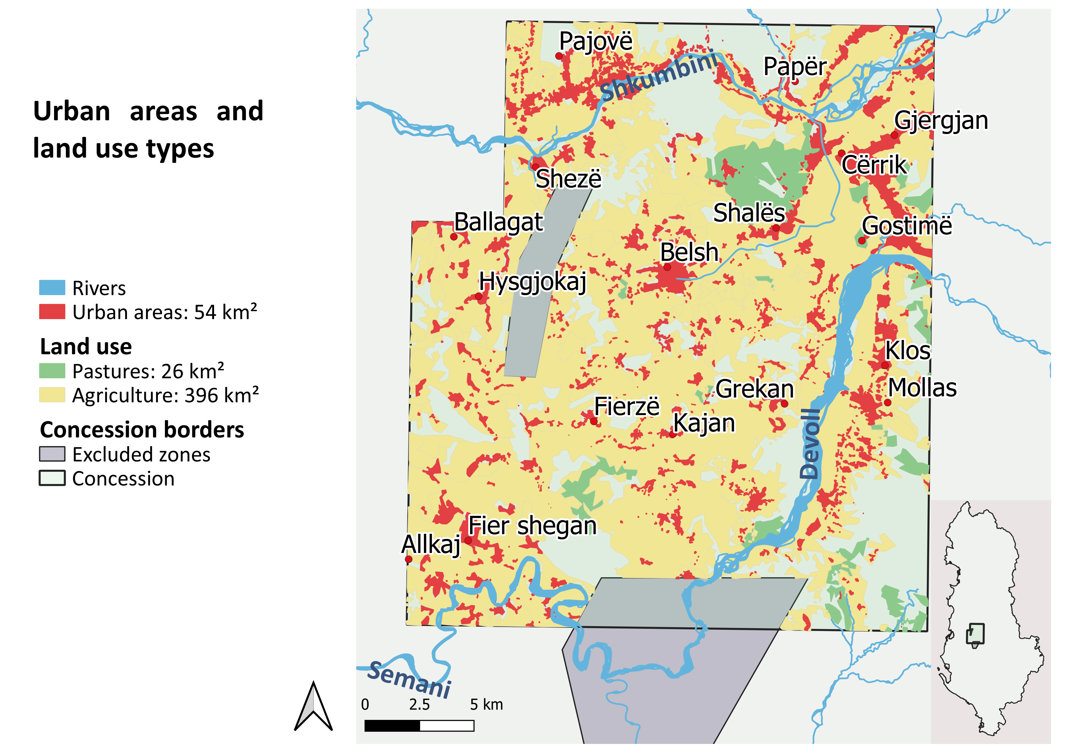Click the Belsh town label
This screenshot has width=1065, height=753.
click(689, 252)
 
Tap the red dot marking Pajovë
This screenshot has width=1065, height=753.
click(559, 56)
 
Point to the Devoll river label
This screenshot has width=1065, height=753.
click(810, 444)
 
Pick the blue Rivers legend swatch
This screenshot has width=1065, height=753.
click(52, 288)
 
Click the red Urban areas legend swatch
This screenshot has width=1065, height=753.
click(52, 312)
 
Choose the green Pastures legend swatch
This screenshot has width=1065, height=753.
click(52, 370)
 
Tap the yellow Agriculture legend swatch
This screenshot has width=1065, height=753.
click(52, 395)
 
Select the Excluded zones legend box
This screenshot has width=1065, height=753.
click(52, 454)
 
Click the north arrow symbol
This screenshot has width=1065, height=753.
click(314, 707)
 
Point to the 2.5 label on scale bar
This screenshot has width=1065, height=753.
click(419, 705)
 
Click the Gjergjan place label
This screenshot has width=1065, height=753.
click(941, 121)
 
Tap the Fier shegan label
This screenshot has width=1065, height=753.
click(532, 526)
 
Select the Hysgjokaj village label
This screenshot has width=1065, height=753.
click(533, 281)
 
